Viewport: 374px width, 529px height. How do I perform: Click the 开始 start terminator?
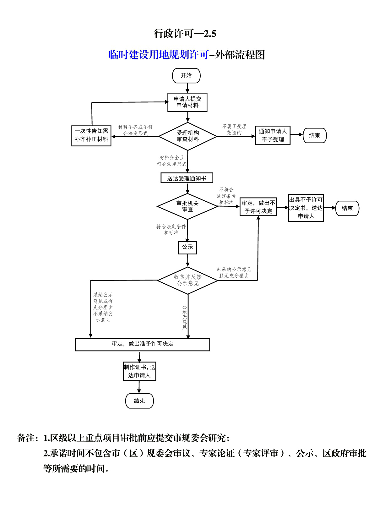pyautogui.click(x=186, y=76)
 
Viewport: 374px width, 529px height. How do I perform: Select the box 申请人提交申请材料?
pyautogui.click(x=187, y=102)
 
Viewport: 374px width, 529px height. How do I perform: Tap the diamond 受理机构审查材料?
pyautogui.click(x=188, y=136)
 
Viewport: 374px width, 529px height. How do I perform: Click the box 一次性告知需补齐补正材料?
pyautogui.click(x=91, y=136)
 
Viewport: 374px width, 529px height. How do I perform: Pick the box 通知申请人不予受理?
pyautogui.click(x=273, y=135)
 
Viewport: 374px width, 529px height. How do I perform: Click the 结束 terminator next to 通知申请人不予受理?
pyautogui.click(x=315, y=136)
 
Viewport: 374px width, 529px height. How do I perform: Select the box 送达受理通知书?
pyautogui.click(x=187, y=178)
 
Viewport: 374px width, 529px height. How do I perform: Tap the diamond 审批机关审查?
pyautogui.click(x=187, y=206)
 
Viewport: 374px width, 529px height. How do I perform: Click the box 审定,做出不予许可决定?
pyautogui.click(x=258, y=207)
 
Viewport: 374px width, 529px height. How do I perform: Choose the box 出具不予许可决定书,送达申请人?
pyautogui.click(x=306, y=208)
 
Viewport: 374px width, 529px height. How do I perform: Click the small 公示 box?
pyautogui.click(x=187, y=248)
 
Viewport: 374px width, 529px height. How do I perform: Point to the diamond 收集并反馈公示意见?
pyautogui.click(x=188, y=280)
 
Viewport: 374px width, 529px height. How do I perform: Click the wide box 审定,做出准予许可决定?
pyautogui.click(x=142, y=345)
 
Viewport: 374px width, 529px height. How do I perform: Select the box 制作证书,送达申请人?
pyautogui.click(x=139, y=371)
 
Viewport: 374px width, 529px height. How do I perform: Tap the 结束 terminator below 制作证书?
pyautogui.click(x=139, y=401)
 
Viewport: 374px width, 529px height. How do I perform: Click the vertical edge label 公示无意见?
pyautogui.click(x=185, y=317)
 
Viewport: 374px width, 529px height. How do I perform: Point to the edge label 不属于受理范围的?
pyautogui.click(x=234, y=129)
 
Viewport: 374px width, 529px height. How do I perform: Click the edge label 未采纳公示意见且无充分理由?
pyautogui.click(x=234, y=272)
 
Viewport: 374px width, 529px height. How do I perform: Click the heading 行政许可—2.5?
pyautogui.click(x=185, y=34)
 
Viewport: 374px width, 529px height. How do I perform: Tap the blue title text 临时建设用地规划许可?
pyautogui.click(x=159, y=55)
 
